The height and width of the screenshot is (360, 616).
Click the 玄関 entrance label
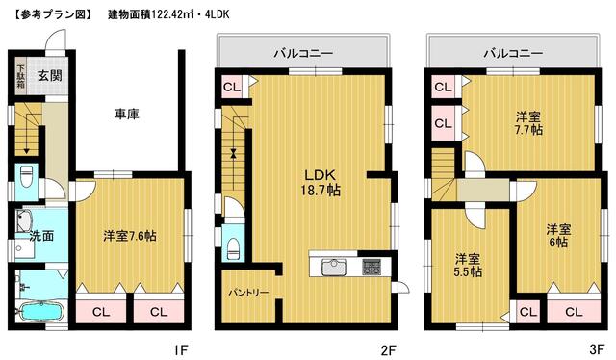point(50,75)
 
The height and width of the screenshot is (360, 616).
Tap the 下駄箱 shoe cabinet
point(20,76)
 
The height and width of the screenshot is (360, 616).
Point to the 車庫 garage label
point(126,115)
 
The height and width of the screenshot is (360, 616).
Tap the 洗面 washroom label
point(41,236)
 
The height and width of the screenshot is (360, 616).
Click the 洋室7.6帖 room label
point(130,236)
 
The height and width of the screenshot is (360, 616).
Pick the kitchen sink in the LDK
point(334,268)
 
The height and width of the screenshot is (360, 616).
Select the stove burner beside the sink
point(372,267)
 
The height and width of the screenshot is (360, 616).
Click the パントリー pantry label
point(248,293)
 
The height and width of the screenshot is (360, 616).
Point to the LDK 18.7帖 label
point(321,183)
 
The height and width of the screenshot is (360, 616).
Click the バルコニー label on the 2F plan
point(304,53)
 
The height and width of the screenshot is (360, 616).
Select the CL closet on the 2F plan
point(232,87)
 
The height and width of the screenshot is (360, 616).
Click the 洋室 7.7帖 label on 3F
point(528,123)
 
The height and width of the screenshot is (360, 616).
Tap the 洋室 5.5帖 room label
point(468,266)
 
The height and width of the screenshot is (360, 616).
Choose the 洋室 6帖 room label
point(558,236)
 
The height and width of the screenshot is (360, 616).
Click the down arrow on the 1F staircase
point(27,133)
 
